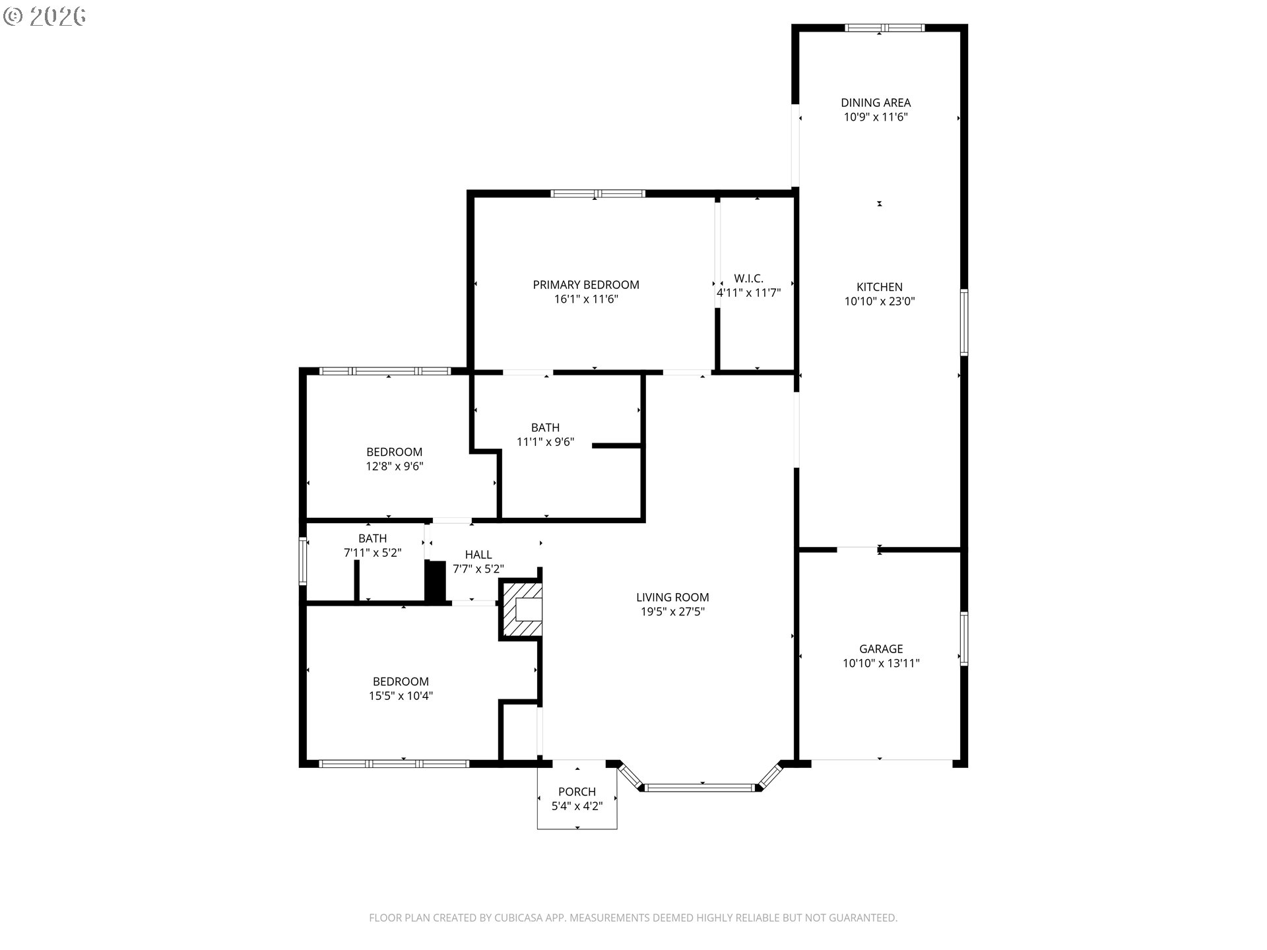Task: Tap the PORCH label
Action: [577, 792]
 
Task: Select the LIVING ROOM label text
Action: [672, 597]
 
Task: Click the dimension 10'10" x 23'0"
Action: [880, 301]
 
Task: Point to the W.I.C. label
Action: [748, 278]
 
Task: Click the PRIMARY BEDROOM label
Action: [586, 284]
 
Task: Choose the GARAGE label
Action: [881, 649]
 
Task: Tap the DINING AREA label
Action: [876, 102]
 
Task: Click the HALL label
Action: [478, 554]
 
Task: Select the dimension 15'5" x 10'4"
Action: [401, 696]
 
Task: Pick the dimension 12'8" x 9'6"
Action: [395, 466]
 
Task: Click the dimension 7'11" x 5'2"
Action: [373, 553]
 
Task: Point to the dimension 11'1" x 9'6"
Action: [545, 442]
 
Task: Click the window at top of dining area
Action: [884, 28]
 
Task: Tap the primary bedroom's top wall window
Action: [598, 193]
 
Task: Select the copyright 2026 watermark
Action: [45, 16]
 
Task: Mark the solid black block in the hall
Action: [436, 581]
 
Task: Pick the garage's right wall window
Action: [964, 639]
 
